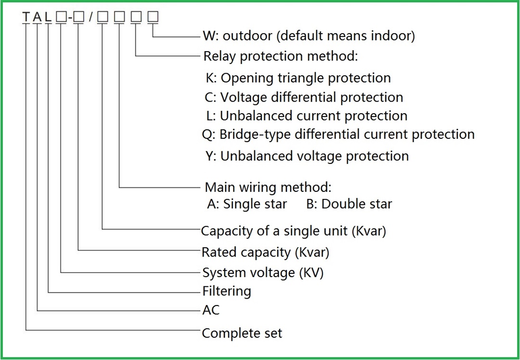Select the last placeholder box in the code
(153, 17)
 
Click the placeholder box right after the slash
(102, 17)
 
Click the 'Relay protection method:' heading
(281, 56)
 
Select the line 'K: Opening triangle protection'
(298, 78)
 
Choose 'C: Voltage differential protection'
(304, 97)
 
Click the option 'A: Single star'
(247, 204)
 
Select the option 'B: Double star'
(349, 204)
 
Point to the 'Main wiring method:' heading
(268, 187)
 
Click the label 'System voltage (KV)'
(263, 273)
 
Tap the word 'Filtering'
(227, 292)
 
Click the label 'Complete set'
(242, 333)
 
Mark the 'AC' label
(211, 310)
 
